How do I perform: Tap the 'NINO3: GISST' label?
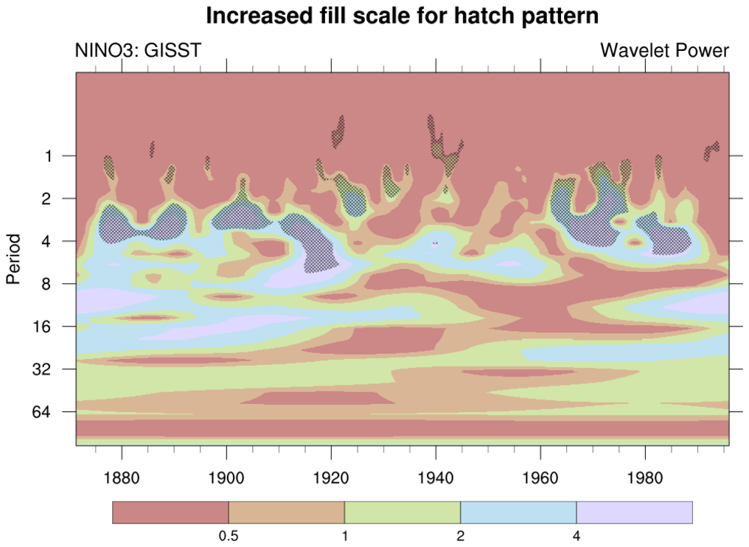click(x=138, y=51)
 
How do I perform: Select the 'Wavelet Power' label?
click(x=664, y=51)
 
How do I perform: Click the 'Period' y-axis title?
click(x=13, y=259)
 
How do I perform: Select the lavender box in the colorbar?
click(x=634, y=512)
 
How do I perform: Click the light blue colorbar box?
click(x=518, y=512)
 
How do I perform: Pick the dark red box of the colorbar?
click(x=170, y=512)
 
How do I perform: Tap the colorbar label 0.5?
click(x=229, y=537)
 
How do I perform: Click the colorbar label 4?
click(x=576, y=537)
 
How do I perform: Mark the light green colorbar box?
click(x=403, y=512)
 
